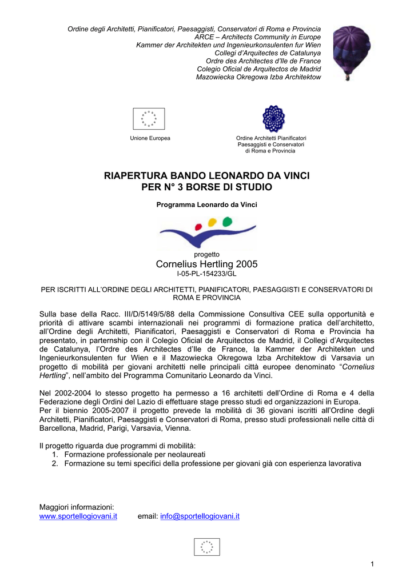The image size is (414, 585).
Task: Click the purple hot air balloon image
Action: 352,51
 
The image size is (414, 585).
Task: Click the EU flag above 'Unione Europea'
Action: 149,119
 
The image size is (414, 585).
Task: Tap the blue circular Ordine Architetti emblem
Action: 273,119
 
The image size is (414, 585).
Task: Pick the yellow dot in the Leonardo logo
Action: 212,222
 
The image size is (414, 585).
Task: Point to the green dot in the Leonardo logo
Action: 227,221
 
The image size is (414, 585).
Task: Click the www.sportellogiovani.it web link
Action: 78,516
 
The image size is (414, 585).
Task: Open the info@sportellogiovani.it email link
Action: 200,516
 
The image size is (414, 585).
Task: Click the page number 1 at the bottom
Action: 372,565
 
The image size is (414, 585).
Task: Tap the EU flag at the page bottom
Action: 207,547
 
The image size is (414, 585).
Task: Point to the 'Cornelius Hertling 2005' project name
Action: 206,264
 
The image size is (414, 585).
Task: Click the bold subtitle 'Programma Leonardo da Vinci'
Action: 206,205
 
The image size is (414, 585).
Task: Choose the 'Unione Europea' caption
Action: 150,138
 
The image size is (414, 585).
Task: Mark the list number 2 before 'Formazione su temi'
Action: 55,463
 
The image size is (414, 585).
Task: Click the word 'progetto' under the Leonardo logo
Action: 206,254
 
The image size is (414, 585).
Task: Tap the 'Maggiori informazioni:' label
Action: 77,507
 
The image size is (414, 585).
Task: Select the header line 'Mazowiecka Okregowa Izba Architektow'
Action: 258,77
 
